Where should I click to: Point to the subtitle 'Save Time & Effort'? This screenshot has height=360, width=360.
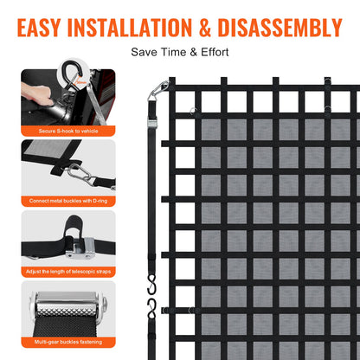180,52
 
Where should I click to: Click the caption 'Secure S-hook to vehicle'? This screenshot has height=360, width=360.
68,131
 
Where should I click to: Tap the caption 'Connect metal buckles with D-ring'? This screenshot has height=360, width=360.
68,201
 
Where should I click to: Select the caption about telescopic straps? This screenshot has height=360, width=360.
68,271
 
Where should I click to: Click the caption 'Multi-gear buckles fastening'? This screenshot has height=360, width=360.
68,341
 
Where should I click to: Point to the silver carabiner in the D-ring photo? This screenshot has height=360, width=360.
80,173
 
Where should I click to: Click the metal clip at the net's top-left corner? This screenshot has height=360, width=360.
157,88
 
